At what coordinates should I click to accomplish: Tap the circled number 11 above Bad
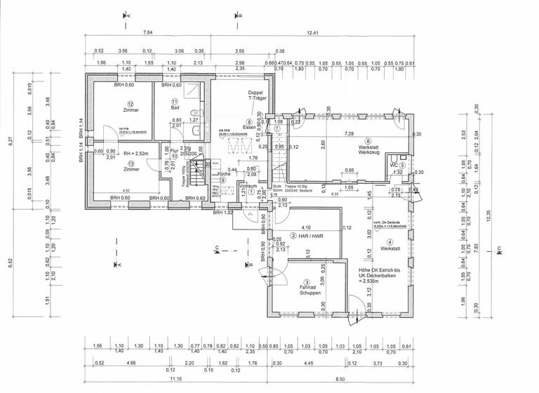coord(175,102)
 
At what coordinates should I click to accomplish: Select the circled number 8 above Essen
coord(250,121)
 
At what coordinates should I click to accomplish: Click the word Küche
coord(224,173)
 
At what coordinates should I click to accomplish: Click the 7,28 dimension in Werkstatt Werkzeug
coord(349,133)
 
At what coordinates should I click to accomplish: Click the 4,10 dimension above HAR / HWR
coord(305,227)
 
